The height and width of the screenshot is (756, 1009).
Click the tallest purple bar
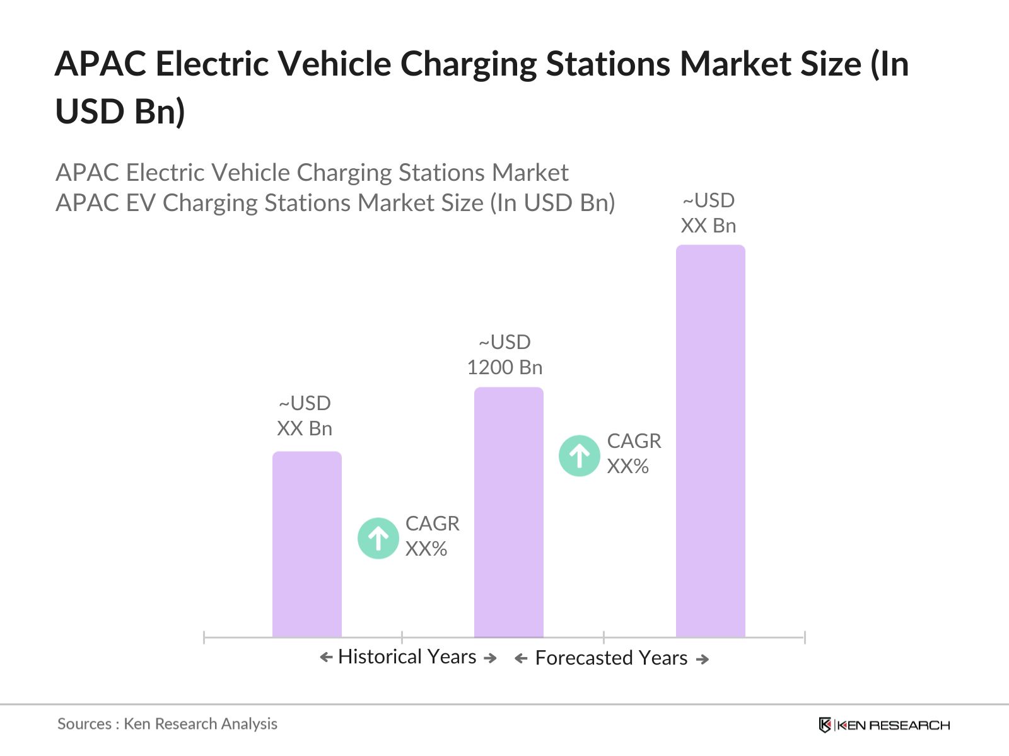[710, 441]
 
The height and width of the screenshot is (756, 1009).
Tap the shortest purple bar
[306, 544]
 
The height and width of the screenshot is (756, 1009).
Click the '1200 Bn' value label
[504, 367]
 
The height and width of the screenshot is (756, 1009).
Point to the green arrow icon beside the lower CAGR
[378, 539]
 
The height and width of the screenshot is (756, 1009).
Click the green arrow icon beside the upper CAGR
[579, 455]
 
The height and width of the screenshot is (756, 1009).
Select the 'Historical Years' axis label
[407, 657]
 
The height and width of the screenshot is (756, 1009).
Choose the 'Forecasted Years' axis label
[611, 658]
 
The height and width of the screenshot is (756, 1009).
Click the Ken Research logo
[884, 725]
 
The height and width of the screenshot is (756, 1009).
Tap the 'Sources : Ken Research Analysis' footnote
[167, 724]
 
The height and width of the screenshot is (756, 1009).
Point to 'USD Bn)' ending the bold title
[120, 112]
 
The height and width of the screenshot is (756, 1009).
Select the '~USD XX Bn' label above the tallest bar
[708, 213]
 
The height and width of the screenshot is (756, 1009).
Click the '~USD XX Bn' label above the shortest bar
[305, 416]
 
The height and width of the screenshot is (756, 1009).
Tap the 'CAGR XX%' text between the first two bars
[432, 536]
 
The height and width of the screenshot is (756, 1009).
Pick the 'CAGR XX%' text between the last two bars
[634, 454]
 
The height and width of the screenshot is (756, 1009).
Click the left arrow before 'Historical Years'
[326, 658]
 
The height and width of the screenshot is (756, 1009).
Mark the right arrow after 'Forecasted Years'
[703, 660]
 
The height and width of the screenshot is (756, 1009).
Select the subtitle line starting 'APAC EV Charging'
[335, 203]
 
